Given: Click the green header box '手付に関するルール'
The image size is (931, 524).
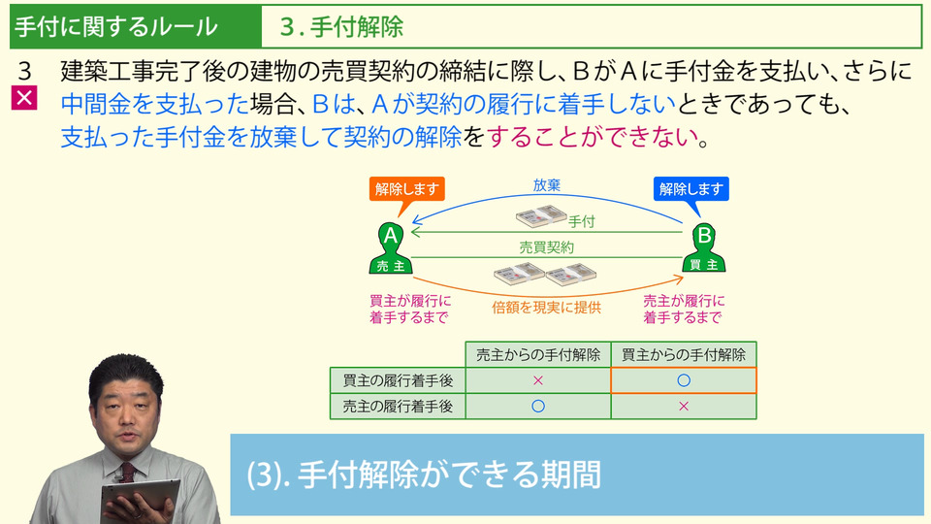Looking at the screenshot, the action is [136, 27].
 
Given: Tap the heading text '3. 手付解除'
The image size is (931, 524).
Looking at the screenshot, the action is [341, 27].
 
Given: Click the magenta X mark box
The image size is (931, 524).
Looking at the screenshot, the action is [24, 98].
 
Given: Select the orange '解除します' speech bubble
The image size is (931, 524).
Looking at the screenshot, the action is [406, 189].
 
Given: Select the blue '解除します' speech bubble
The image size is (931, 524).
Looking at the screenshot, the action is [691, 189].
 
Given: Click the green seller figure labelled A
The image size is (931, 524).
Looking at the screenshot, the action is [391, 248].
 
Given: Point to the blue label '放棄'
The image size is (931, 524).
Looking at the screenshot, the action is [546, 184].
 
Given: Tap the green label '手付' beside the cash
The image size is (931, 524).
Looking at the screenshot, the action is [581, 221].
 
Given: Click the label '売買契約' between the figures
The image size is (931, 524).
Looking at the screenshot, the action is [546, 247].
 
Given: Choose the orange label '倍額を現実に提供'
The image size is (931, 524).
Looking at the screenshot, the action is [546, 308].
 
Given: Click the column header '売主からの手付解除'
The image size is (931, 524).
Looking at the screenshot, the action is [538, 355].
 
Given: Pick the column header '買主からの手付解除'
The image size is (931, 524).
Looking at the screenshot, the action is [684, 355].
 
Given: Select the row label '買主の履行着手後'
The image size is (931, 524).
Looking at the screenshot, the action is [398, 380].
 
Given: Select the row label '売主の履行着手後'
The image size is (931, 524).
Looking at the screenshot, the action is [398, 407].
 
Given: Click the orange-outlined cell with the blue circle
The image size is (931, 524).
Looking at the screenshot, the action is [684, 380].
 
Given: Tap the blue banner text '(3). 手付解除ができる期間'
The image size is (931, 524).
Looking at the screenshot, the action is [424, 475].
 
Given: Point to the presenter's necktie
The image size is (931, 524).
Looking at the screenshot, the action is [127, 473].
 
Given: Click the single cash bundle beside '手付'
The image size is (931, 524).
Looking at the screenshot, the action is [541, 216].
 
